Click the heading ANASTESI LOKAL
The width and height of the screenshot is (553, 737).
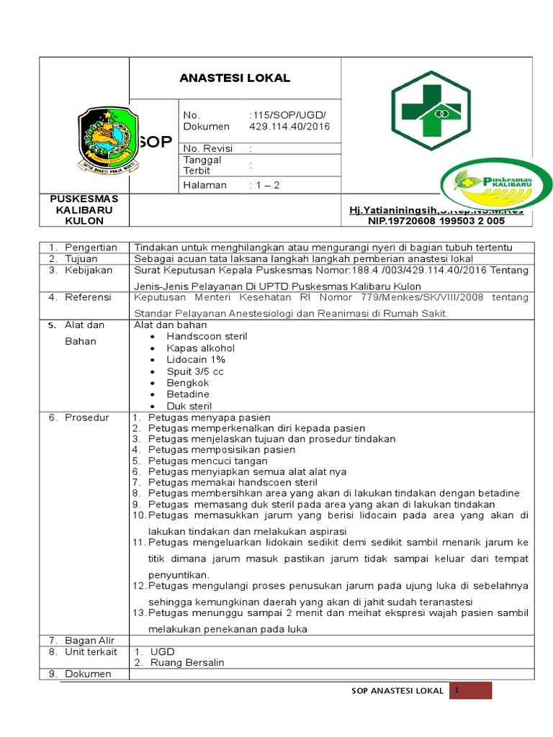235,78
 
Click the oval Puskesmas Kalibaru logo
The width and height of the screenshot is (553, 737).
496,184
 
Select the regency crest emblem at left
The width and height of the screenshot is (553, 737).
108,142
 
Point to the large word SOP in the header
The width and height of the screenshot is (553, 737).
155,142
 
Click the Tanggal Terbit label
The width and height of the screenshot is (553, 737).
202,165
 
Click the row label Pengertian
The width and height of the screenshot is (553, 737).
91,247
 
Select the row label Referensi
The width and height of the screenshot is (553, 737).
88,297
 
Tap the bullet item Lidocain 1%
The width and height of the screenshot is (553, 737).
196,359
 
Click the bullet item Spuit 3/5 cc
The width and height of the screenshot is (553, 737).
195,371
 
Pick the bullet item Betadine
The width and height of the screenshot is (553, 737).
188,394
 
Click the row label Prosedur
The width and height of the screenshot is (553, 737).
86,417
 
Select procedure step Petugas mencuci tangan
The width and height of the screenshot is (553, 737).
208,461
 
